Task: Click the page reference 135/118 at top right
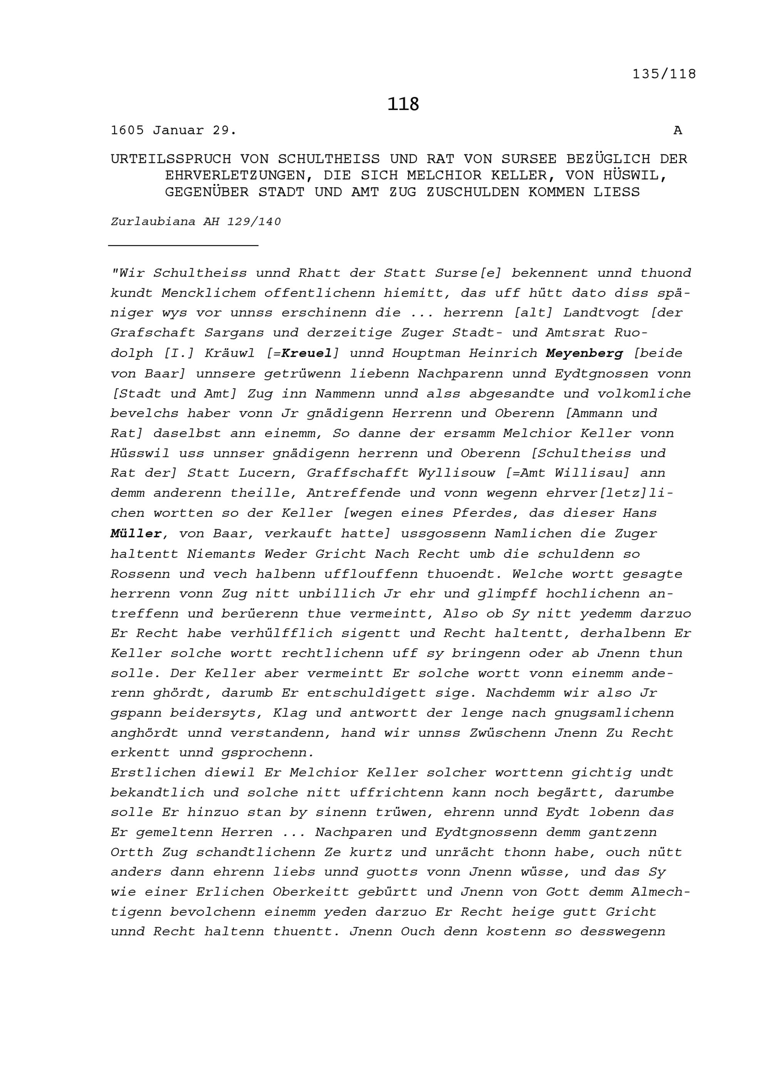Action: point(664,74)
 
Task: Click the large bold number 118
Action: point(403,104)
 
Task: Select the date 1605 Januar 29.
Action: point(174,131)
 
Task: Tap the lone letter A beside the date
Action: point(678,131)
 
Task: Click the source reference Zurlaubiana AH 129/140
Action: point(196,222)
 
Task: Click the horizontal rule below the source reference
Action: point(183,245)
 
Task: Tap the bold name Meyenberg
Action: point(584,353)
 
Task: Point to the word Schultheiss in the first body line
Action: point(200,273)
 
